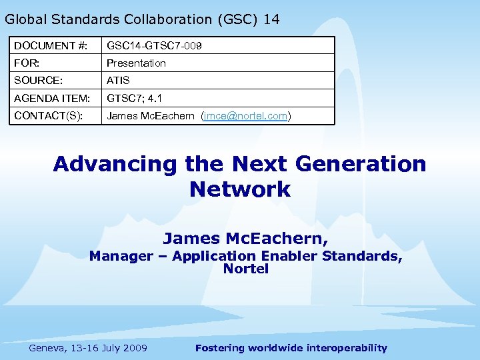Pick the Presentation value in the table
[136, 63]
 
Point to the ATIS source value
[118, 80]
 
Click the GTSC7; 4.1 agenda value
[134, 98]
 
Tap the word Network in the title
[240, 189]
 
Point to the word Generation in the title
[359, 164]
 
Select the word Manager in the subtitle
[121, 256]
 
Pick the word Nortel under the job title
[245, 269]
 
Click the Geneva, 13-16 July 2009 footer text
[88, 347]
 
